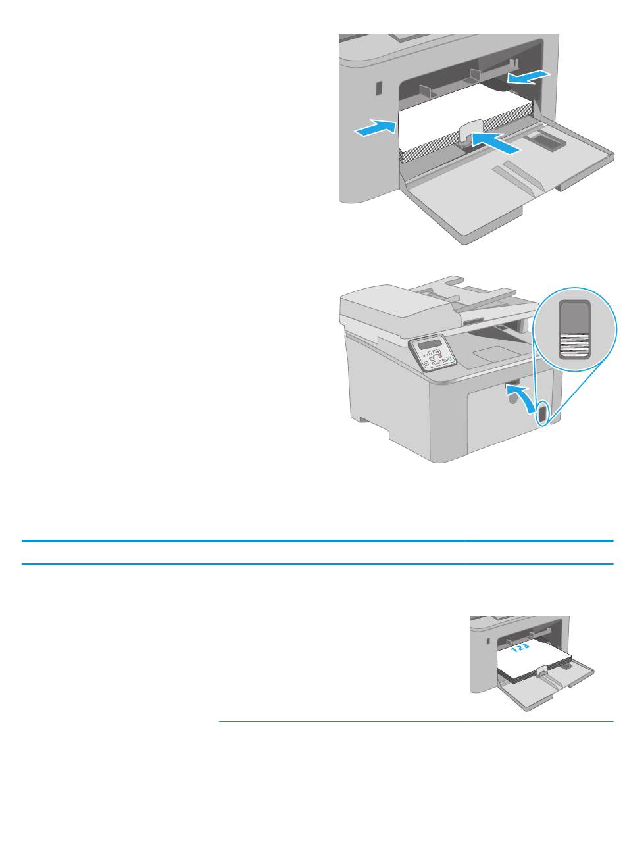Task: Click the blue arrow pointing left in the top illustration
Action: click(x=528, y=77)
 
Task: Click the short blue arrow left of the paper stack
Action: click(x=375, y=127)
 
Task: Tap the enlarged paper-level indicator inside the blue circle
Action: click(x=574, y=330)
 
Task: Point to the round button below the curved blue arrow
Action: click(x=511, y=399)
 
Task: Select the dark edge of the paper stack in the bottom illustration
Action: click(x=534, y=673)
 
